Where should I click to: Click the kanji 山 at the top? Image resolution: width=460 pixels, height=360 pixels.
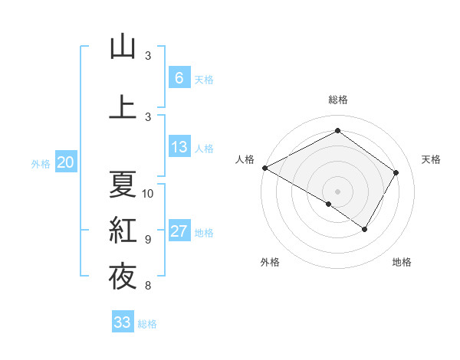coord(123,47)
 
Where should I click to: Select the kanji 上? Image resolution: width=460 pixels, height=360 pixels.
coord(123,106)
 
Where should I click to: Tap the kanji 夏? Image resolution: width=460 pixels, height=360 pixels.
coord(123,184)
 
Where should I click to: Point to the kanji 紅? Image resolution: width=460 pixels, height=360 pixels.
coord(123,230)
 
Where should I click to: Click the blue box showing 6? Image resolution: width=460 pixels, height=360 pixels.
coord(179,78)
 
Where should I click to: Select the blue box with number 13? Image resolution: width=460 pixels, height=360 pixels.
coord(179,147)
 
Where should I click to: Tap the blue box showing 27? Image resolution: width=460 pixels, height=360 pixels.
coord(179,232)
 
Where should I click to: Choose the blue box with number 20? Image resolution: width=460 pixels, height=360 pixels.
coord(65,162)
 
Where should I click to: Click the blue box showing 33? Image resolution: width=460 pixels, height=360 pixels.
coord(123,322)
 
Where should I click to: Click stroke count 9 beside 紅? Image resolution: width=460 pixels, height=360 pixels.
coord(147,239)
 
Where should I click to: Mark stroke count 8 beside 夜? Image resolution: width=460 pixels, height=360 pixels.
coord(147,286)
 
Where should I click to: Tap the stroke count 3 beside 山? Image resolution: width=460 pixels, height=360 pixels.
coord(147,56)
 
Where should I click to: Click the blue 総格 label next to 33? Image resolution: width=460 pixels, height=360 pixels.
coord(147,323)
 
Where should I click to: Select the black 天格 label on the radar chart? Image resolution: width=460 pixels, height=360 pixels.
coord(431,159)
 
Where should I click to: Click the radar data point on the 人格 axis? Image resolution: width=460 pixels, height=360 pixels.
coord(264,168)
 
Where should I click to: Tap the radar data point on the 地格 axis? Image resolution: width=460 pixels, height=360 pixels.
coord(365,229)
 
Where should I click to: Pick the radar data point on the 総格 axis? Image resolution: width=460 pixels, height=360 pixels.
coord(337,130)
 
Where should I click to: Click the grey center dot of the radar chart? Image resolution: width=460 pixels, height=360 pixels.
coord(337,191)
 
